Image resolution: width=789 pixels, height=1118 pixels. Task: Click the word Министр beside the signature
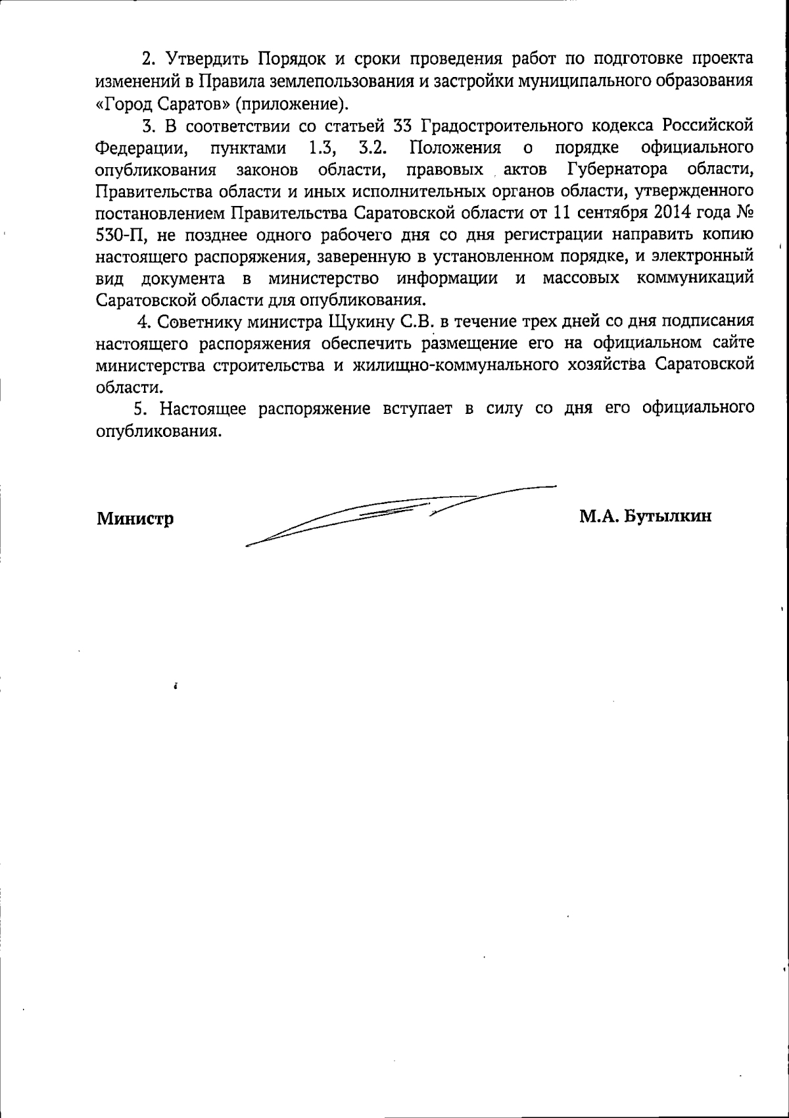click(x=135, y=519)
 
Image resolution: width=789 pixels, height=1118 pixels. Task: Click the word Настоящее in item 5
click(x=204, y=409)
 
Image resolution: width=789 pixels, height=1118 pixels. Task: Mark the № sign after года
click(x=745, y=213)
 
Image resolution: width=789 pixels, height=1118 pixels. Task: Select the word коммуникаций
click(x=695, y=278)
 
